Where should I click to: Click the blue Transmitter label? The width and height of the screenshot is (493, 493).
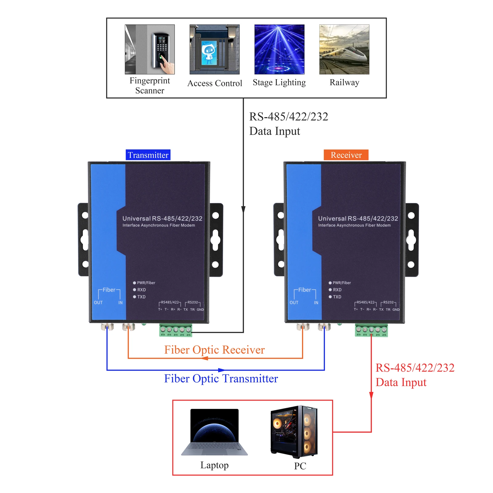point(148,155)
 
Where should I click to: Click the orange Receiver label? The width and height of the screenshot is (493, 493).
point(346,155)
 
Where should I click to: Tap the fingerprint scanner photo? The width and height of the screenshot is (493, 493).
point(150,49)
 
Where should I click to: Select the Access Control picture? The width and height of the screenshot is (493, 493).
point(214,49)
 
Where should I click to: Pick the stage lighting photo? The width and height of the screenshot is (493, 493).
point(279,49)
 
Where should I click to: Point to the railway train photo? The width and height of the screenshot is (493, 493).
point(344,49)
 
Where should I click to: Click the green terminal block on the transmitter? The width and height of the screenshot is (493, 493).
point(176,330)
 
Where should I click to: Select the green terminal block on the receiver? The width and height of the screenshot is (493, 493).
point(371,330)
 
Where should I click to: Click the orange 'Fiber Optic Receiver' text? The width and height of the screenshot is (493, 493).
point(214,350)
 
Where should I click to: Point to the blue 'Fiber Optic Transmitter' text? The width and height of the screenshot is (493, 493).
point(221,379)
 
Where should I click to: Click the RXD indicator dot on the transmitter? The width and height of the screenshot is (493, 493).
point(135,290)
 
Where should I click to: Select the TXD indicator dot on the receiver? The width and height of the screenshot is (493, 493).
point(330,297)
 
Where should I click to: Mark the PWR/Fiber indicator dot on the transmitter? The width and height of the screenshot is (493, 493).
point(135,283)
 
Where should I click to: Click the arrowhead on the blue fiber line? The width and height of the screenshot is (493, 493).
point(221,370)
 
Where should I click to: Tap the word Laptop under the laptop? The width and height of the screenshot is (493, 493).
point(214,465)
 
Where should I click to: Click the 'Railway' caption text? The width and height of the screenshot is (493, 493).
point(344,83)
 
